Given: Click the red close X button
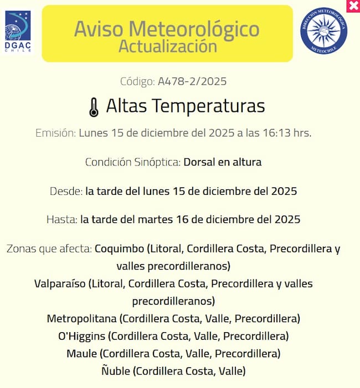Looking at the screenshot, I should pyautogui.click(x=353, y=6).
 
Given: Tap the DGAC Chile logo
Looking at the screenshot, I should pyautogui.click(x=18, y=32).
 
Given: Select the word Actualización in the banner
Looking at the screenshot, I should pyautogui.click(x=167, y=46).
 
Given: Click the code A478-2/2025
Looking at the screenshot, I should pyautogui.click(x=192, y=81).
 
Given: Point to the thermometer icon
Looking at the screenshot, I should pyautogui.click(x=94, y=107).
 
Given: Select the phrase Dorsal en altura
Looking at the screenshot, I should pyautogui.click(x=222, y=162).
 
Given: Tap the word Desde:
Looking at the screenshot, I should pyautogui.click(x=66, y=192).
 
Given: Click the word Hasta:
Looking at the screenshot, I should pyautogui.click(x=62, y=219).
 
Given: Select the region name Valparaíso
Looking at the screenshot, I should pyautogui.click(x=60, y=284).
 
